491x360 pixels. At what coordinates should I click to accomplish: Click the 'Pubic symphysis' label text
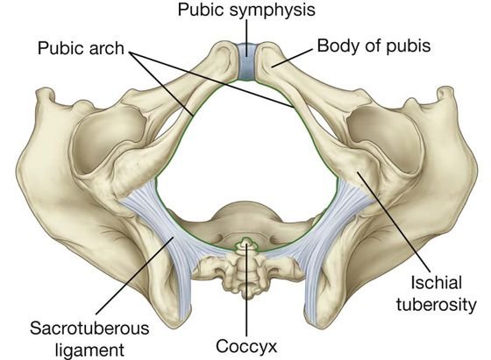[246, 10]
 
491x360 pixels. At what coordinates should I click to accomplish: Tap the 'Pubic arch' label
[81, 48]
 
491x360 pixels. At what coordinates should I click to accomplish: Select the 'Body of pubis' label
[374, 46]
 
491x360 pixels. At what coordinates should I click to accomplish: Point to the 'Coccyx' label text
[246, 347]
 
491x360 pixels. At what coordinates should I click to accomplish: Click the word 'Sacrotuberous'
[89, 328]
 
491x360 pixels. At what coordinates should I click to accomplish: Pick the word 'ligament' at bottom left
[89, 349]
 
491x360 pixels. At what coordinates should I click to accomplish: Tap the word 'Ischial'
[437, 283]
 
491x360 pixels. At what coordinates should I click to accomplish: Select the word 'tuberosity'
[437, 304]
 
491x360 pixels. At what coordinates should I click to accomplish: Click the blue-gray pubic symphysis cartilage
[246, 61]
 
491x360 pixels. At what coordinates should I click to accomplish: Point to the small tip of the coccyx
[246, 241]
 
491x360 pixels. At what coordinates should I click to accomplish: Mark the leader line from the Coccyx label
[246, 289]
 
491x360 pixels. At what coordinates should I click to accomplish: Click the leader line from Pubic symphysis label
[246, 39]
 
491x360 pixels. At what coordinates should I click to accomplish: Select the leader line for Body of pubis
[292, 58]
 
